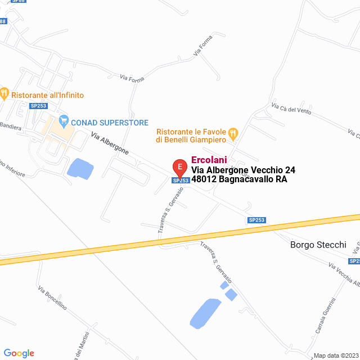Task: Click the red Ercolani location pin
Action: click(x=179, y=167)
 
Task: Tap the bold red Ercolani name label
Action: click(x=209, y=160)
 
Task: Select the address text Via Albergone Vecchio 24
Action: click(x=243, y=170)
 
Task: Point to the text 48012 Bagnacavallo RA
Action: click(x=239, y=179)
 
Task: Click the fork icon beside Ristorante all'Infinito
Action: click(x=4, y=92)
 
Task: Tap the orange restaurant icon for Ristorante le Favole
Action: click(x=233, y=134)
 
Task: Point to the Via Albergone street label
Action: click(x=110, y=144)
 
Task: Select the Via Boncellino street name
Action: click(x=52, y=298)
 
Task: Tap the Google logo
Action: click(x=19, y=353)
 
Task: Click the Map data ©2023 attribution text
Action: click(x=335, y=355)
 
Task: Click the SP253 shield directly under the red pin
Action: click(x=180, y=181)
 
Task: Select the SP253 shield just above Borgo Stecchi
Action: click(x=256, y=220)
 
